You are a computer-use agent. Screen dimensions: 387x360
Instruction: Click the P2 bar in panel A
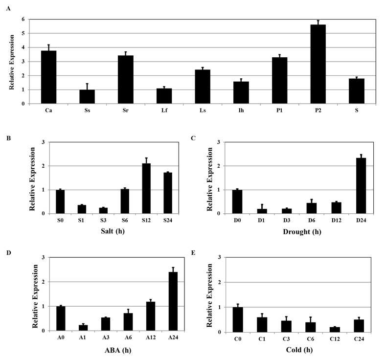pyautogui.click(x=318, y=64)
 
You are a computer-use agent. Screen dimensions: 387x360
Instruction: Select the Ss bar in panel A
pyautogui.click(x=87, y=97)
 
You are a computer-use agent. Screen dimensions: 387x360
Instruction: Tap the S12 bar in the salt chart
pyautogui.click(x=146, y=188)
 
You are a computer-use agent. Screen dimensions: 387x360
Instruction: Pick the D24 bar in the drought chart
pyautogui.click(x=361, y=186)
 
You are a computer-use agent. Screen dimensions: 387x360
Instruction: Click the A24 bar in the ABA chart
pyautogui.click(x=173, y=301)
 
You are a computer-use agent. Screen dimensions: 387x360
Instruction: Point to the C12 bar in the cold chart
pyautogui.click(x=335, y=330)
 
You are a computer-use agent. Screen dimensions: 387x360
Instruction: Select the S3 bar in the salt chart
pyautogui.click(x=103, y=211)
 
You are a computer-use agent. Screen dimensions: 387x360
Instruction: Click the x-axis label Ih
pyautogui.click(x=241, y=110)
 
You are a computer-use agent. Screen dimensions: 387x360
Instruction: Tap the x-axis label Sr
pyautogui.click(x=126, y=110)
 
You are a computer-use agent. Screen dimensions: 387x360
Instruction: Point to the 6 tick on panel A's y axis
pyautogui.click(x=23, y=19)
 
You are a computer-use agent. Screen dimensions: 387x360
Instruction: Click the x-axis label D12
pyautogui.click(x=337, y=220)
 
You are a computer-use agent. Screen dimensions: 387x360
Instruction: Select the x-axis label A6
pyautogui.click(x=128, y=337)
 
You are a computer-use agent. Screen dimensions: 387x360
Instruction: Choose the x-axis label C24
pyautogui.click(x=359, y=339)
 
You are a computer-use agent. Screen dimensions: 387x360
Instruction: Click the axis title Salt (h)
pyautogui.click(x=113, y=231)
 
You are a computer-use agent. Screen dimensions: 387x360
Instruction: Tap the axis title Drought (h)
pyautogui.click(x=302, y=232)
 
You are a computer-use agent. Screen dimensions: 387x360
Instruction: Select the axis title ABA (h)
pyautogui.click(x=118, y=350)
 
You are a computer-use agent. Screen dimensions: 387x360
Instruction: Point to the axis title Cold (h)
pyautogui.click(x=299, y=350)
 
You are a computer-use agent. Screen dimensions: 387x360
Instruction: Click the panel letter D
pyautogui.click(x=9, y=253)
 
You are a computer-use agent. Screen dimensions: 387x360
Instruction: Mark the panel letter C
pyautogui.click(x=193, y=138)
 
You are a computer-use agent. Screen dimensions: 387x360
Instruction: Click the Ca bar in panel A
pyautogui.click(x=48, y=77)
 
